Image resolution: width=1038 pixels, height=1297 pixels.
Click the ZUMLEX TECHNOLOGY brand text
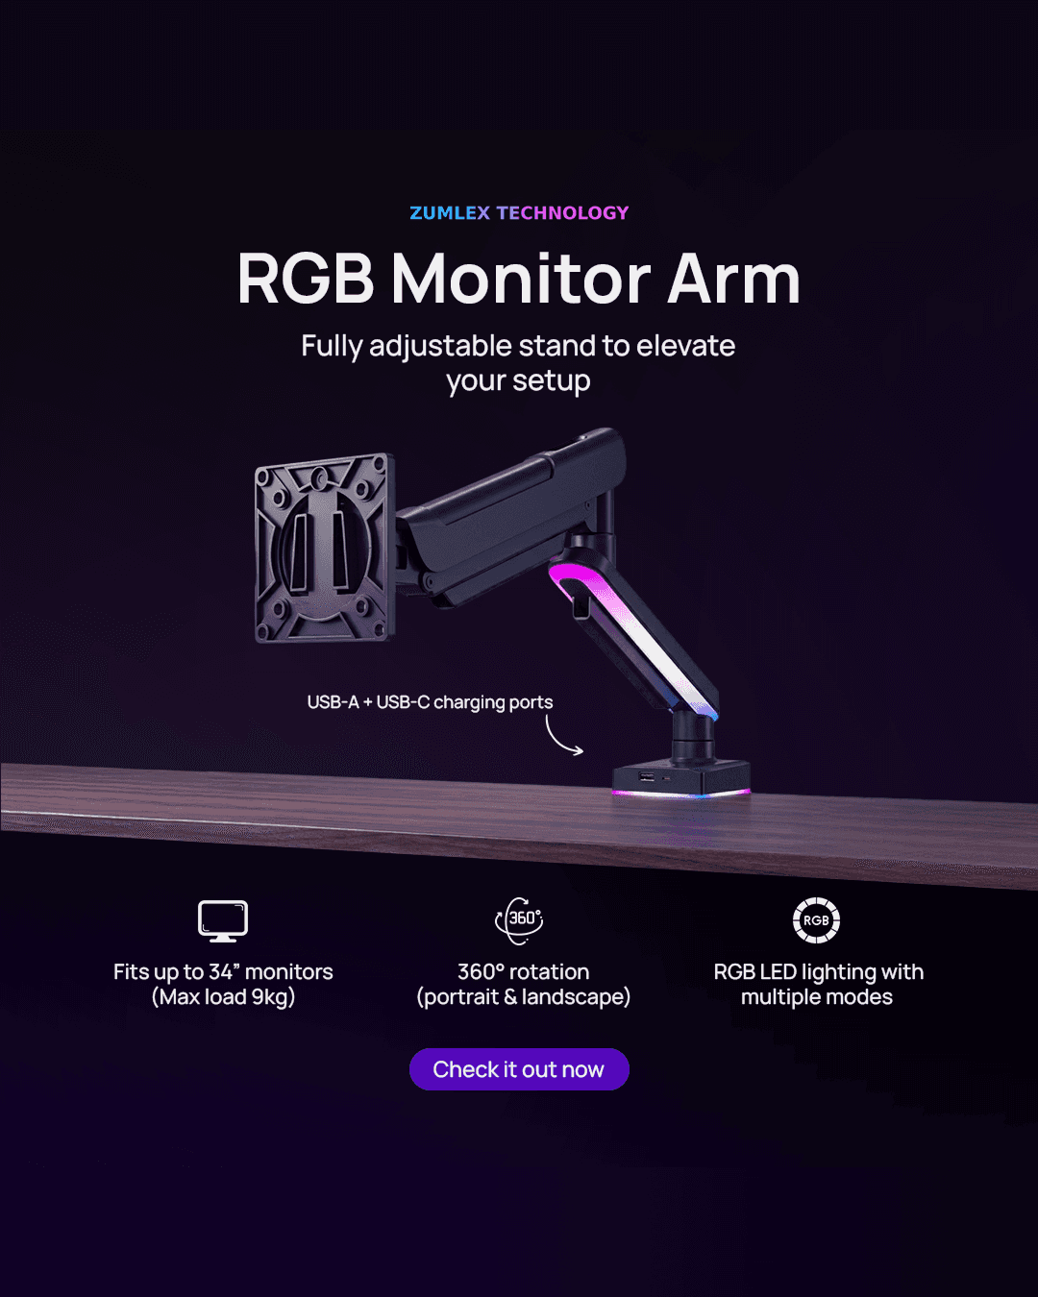click(x=519, y=213)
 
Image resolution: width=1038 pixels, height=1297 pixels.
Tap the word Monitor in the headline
click(x=520, y=280)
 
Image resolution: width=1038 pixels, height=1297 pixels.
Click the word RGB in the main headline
click(x=306, y=280)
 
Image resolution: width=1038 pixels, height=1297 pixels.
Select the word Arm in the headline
click(x=734, y=280)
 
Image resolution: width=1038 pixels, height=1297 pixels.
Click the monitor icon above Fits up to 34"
click(x=223, y=920)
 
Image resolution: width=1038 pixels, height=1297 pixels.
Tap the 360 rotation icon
click(x=519, y=919)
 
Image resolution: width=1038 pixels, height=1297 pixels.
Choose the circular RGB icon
click(x=816, y=920)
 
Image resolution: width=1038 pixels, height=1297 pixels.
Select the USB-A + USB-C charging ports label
click(x=430, y=702)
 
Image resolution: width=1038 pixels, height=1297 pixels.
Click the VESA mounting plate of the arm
click(x=324, y=548)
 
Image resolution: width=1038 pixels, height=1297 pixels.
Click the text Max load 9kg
click(x=223, y=997)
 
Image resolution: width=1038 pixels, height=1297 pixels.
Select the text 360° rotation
click(x=523, y=972)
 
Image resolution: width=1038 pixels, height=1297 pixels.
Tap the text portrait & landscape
click(x=523, y=997)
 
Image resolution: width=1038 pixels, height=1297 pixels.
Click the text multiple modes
click(x=816, y=997)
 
